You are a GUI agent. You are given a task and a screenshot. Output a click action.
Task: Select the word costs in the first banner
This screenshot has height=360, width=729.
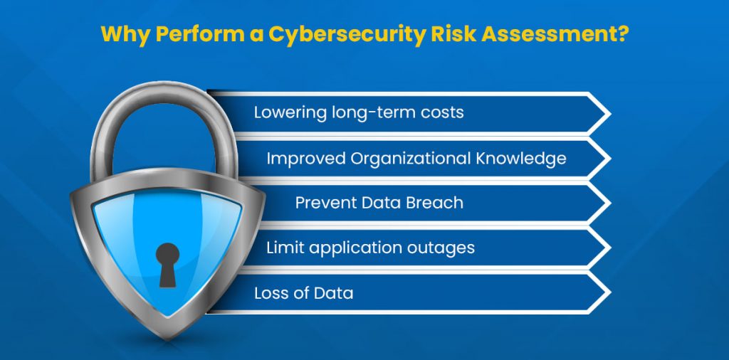tap(441, 112)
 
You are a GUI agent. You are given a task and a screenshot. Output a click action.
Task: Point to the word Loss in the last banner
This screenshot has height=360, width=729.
tap(269, 293)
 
